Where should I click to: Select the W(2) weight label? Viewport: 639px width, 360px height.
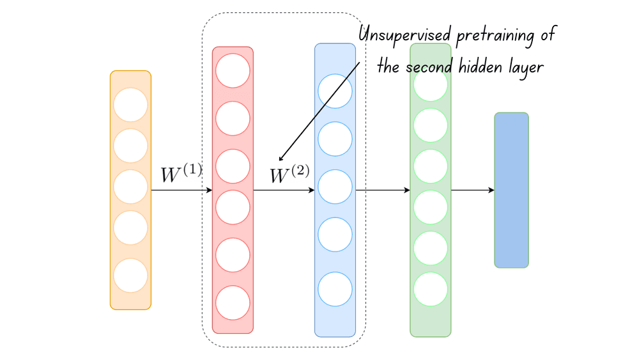pos(289,175)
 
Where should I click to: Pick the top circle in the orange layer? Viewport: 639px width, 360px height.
pos(130,105)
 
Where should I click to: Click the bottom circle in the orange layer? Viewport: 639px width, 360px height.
pos(130,276)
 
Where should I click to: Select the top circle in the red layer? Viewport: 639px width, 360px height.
pos(233,71)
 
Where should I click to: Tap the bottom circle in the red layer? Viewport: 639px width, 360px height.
pos(233,302)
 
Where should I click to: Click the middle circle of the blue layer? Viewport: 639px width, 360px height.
pos(335,186)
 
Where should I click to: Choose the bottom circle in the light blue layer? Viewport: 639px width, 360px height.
pos(335,289)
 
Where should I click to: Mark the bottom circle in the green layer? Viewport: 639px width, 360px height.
pos(430,289)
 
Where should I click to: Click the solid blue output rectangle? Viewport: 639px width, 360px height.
pos(511,190)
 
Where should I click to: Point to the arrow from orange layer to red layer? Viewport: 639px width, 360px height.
pos(181,191)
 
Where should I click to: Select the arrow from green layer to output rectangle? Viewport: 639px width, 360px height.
pos(473,191)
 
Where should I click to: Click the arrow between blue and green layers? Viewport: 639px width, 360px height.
pos(382,191)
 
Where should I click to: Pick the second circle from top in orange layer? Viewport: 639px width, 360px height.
pos(130,146)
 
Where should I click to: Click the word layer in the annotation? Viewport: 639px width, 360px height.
pos(526,67)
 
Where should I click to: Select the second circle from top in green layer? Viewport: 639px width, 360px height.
pos(430,125)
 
